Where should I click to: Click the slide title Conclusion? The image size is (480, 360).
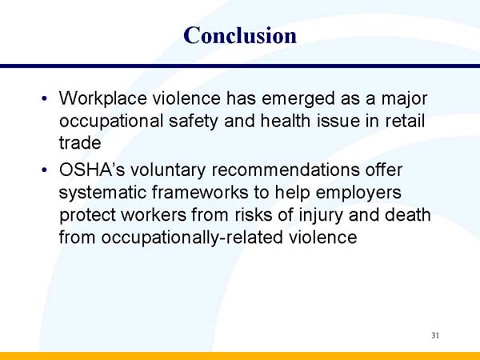pos(240,35)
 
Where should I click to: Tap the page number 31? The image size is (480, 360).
pos(435,335)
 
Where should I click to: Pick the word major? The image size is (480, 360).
pos(402,99)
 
